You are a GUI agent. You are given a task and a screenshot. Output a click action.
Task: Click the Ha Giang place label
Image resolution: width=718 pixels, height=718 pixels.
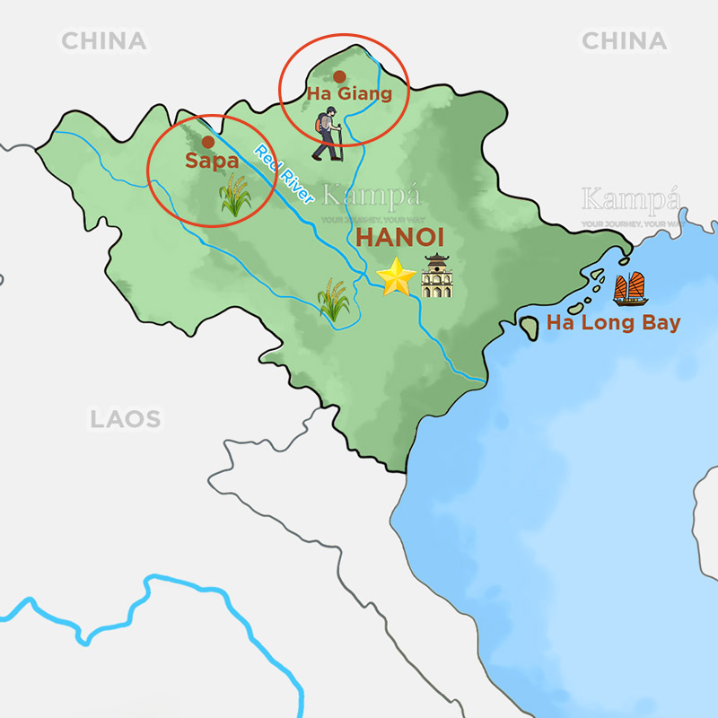coord(349,93)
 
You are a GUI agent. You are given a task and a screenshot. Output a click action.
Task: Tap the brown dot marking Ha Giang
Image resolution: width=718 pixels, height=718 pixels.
coord(339,76)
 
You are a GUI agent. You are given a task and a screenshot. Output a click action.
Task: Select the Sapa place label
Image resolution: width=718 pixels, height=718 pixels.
coord(211,162)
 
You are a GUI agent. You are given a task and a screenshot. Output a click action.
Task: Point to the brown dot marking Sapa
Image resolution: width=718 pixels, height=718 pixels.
coord(208,142)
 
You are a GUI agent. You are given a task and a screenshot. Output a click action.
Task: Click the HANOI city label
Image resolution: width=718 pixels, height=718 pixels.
coord(401,239)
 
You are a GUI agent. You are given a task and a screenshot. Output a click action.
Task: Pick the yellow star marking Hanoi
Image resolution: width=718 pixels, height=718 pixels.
coord(396,277)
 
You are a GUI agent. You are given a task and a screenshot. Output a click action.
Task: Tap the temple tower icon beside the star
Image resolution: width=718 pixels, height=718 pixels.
coord(437,276)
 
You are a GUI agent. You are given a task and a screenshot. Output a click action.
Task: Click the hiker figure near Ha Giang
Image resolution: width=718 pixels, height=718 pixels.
coord(328,133)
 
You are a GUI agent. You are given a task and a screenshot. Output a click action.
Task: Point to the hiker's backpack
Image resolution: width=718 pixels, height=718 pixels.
coord(321,123)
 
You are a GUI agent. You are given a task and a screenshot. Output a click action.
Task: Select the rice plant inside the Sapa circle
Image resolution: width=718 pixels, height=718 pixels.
coord(235,196)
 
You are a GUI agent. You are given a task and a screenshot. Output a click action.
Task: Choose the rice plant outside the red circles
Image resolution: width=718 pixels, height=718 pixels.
coord(334,300)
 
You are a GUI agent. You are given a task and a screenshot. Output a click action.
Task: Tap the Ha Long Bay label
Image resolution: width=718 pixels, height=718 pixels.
coord(613,323)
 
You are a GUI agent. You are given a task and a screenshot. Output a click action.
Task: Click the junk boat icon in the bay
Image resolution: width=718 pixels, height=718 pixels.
coord(631,290)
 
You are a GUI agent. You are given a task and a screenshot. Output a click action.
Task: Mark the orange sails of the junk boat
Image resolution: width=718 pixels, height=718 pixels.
coord(631,285)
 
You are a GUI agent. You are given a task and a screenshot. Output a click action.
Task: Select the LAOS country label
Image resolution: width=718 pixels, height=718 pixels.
coord(125,418)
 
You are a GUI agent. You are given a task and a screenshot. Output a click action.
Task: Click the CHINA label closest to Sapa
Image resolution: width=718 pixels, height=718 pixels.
coord(103,40)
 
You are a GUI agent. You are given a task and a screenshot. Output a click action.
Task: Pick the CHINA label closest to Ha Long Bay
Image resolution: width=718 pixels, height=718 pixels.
coord(624,40)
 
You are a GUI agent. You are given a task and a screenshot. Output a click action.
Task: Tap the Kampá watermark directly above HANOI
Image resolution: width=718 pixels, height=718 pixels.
coord(371,196)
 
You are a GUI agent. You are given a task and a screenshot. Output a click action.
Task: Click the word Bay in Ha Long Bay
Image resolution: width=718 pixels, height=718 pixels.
coord(659,323)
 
